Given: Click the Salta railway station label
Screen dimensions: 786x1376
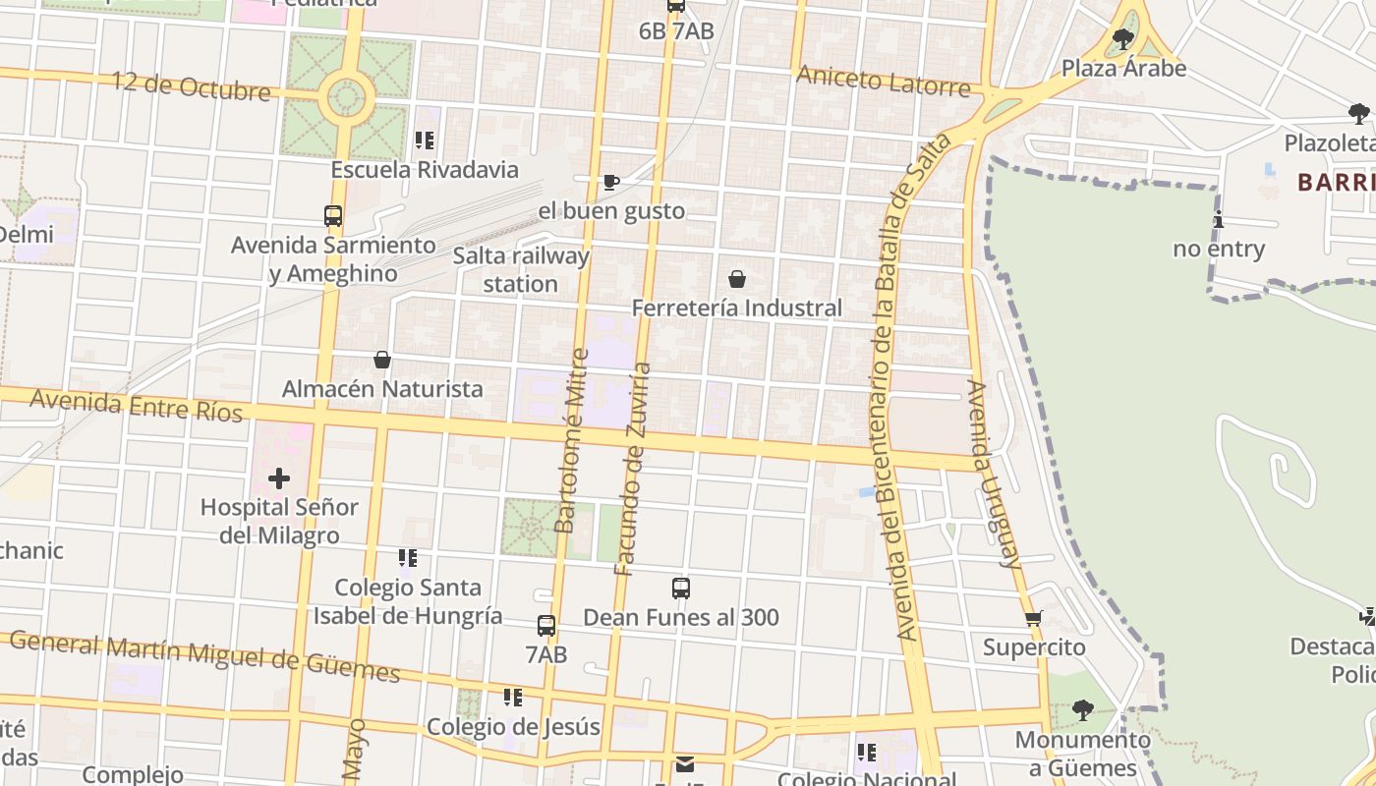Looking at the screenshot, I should tap(521, 270).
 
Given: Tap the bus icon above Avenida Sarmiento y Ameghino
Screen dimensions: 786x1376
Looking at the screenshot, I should tap(333, 215).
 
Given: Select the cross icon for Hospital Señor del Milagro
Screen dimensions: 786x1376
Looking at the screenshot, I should tap(279, 478).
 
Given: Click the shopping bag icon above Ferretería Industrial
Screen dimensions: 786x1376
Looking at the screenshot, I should tap(737, 279).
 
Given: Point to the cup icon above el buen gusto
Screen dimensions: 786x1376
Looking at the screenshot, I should tap(610, 182).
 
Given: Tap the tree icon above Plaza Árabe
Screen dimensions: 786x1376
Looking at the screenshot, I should tap(1123, 39).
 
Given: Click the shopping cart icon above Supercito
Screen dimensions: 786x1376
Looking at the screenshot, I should tap(1033, 618).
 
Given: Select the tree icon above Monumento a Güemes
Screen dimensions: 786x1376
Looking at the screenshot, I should tap(1082, 709).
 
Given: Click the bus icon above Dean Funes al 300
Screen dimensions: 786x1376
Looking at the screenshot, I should tap(681, 589).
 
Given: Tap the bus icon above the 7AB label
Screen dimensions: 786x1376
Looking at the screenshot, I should tap(546, 625).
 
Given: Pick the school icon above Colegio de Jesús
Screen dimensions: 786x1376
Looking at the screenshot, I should tap(512, 698).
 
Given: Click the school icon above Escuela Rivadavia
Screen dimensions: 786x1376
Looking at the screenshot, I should tap(425, 140).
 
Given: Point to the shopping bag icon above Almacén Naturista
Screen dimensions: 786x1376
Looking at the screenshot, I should tap(382, 360).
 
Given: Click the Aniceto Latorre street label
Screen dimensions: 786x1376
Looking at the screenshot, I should tap(884, 81).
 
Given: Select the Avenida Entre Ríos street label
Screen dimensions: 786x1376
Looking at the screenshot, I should tap(136, 405).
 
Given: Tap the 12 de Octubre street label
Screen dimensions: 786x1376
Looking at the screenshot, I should tap(191, 85).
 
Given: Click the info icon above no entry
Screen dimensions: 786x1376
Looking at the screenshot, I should tap(1219, 219).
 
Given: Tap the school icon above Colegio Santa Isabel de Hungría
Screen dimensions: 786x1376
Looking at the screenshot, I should tap(408, 558).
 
